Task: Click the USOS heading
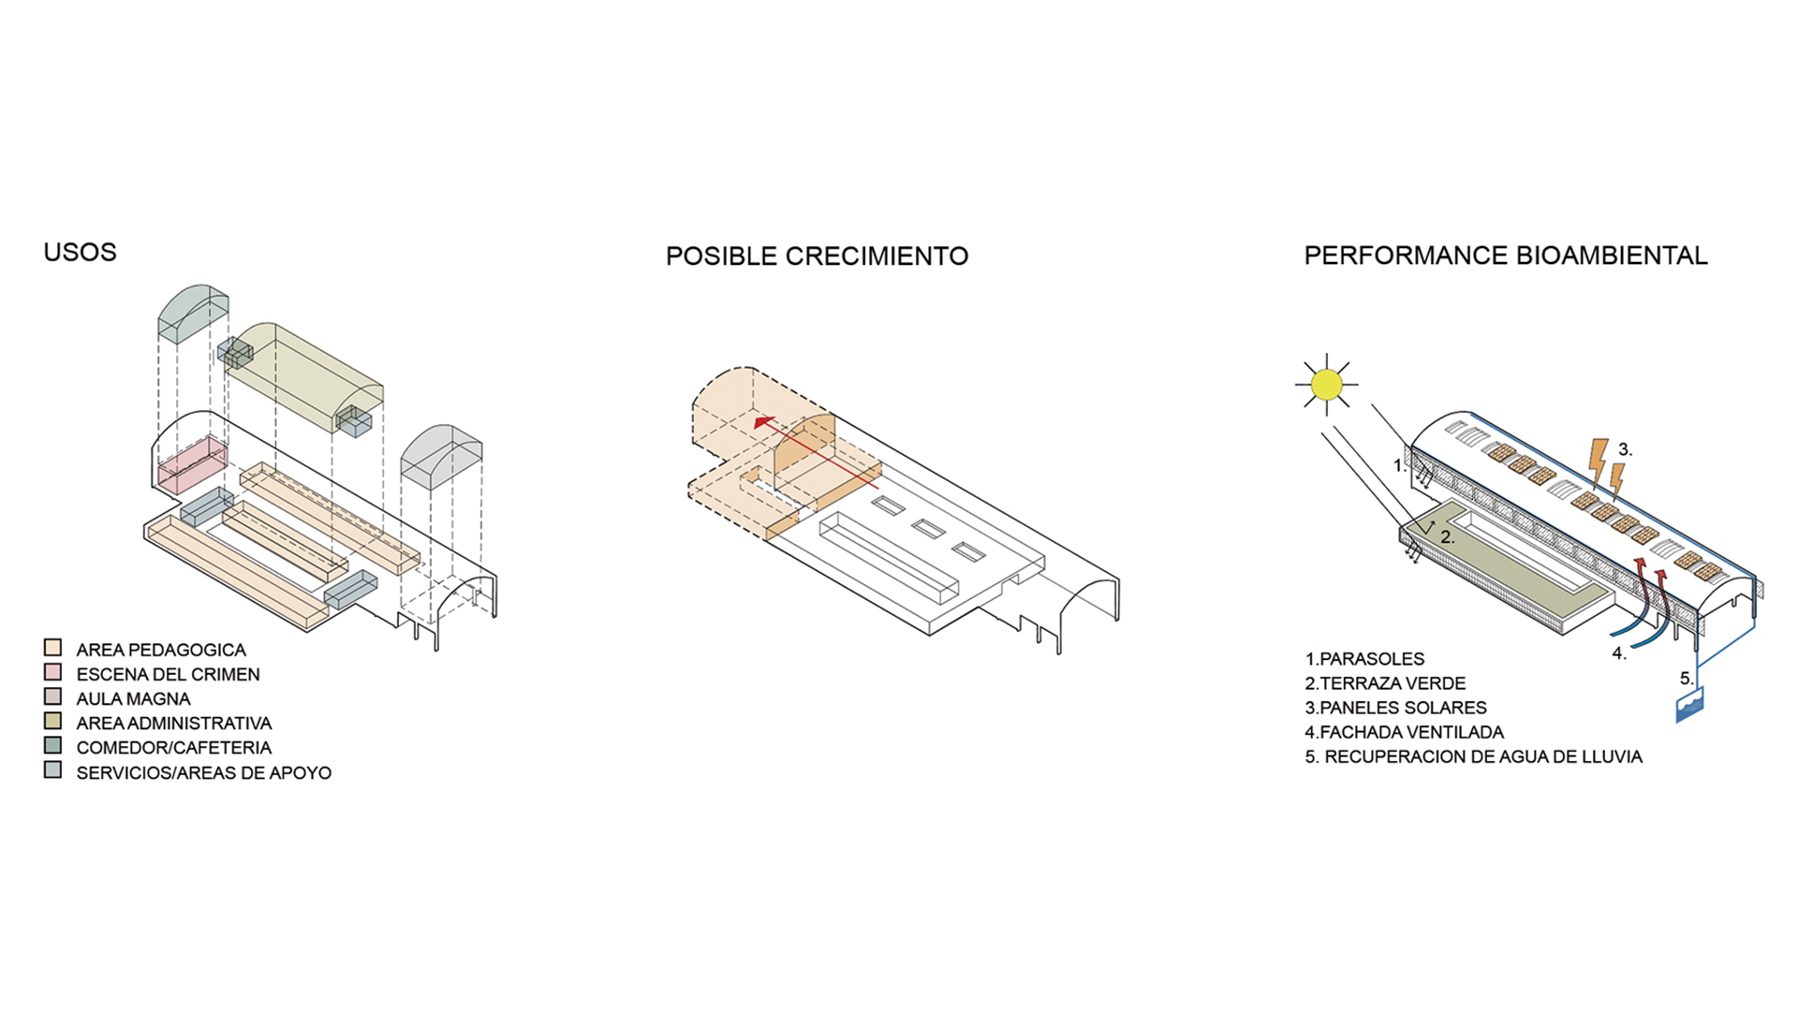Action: coord(80,252)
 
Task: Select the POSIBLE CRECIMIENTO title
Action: coord(817,256)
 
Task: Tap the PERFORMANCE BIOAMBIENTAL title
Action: coord(1505,255)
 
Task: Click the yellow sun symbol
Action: coord(1326,385)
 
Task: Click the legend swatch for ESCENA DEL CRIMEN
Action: coord(52,672)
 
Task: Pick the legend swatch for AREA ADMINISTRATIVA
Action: coord(52,721)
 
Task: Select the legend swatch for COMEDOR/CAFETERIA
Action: coord(52,746)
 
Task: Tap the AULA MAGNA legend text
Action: coord(133,698)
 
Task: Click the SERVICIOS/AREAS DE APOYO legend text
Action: coord(203,772)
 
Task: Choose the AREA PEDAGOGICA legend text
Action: coord(161,650)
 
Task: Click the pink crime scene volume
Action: coord(192,464)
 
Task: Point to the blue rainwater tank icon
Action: coord(1689,705)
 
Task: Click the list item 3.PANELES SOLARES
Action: coord(1395,708)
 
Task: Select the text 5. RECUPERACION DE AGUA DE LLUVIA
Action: coord(1473,756)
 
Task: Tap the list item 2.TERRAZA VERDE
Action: coord(1385,683)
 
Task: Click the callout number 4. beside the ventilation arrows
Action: coord(1619,653)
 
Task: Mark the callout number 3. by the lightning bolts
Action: coord(1625,449)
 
